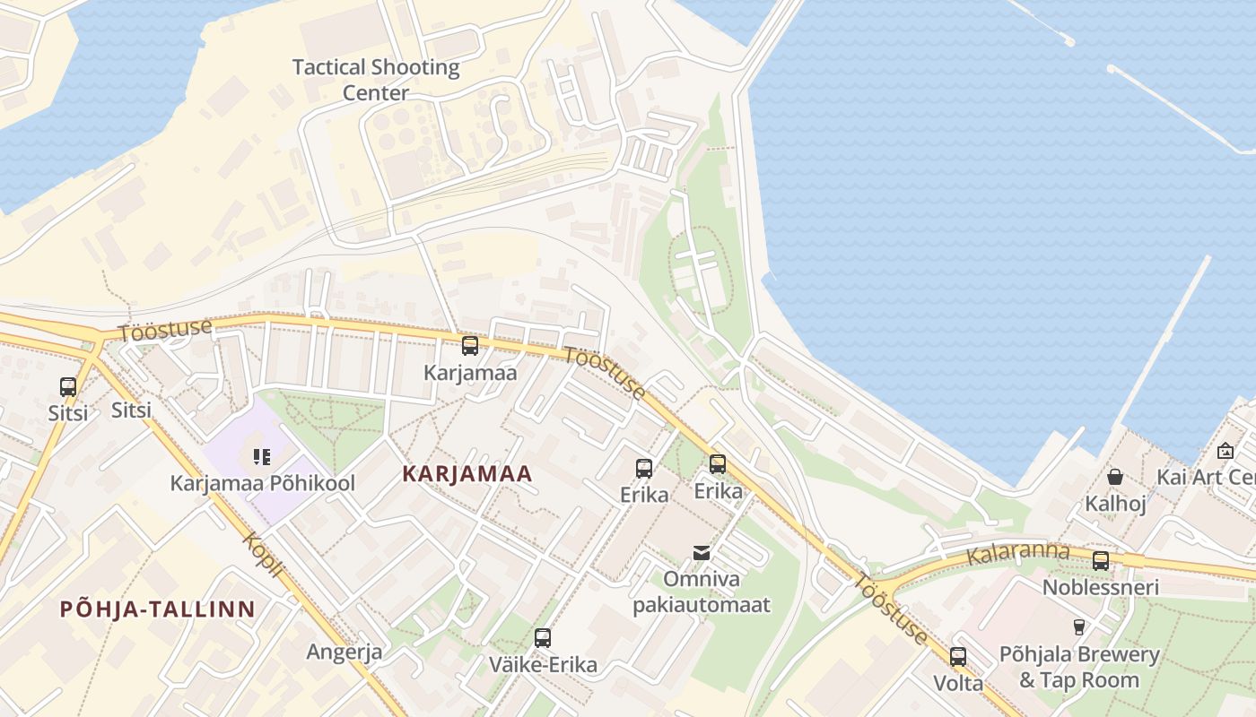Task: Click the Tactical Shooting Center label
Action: point(376,80)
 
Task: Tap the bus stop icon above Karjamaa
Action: point(469,346)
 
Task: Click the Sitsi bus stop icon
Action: point(68,387)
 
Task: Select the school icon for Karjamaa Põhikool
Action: point(262,457)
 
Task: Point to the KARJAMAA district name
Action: point(467,474)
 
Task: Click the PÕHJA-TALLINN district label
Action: point(157,609)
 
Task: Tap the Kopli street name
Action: point(264,555)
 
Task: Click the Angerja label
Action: point(345,652)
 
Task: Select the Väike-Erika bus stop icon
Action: point(542,638)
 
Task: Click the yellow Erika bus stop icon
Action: point(718,463)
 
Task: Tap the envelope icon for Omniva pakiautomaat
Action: point(702,553)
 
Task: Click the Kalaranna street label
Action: point(1017,553)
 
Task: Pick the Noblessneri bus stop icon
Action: point(1100,561)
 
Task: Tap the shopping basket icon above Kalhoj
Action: point(1114,477)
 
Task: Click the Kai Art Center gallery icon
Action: point(1225,451)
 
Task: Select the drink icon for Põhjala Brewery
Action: point(1078,627)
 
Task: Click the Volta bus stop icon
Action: point(958,657)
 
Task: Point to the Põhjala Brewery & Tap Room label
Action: point(1078,667)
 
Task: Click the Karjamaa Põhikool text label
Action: point(263,483)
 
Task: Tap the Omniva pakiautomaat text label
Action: point(702,592)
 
